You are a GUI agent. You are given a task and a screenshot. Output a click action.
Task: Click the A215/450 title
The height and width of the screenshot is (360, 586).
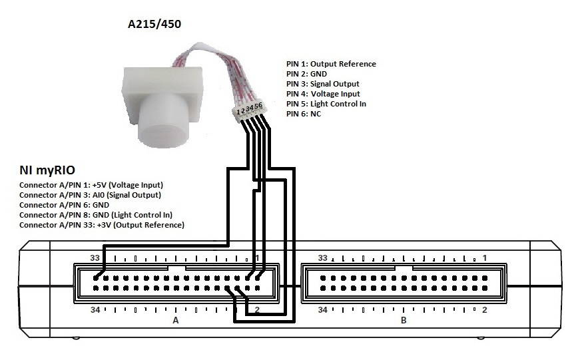154,25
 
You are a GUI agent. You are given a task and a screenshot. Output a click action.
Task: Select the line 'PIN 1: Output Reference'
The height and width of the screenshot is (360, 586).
331,64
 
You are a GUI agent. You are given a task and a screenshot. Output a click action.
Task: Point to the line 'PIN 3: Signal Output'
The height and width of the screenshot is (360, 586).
322,84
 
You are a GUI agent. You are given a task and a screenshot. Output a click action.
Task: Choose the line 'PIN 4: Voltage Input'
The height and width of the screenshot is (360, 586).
322,94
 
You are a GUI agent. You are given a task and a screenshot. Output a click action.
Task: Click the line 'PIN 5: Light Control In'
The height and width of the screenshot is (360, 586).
326,104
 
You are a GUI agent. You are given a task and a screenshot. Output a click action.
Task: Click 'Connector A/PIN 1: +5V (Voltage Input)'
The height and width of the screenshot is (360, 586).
91,185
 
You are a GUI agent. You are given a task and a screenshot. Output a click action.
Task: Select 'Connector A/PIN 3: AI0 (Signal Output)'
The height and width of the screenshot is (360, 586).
90,195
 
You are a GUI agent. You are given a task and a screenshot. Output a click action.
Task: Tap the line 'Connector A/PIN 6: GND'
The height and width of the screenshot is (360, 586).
64,205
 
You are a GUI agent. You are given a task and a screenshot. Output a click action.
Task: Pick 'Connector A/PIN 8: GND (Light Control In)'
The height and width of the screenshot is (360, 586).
96,215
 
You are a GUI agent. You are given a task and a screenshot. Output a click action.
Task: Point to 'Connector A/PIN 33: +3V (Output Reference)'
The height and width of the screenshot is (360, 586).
102,225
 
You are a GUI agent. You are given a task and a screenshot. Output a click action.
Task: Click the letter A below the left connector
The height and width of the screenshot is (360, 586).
176,320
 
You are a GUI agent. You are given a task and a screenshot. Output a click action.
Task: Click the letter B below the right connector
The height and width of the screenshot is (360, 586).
403,320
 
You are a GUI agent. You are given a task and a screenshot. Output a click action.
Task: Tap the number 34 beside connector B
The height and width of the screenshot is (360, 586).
322,309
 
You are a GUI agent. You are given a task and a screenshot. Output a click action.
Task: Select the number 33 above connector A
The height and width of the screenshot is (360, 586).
96,258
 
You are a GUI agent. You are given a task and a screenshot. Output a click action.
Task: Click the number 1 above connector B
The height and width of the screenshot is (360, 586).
485,258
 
